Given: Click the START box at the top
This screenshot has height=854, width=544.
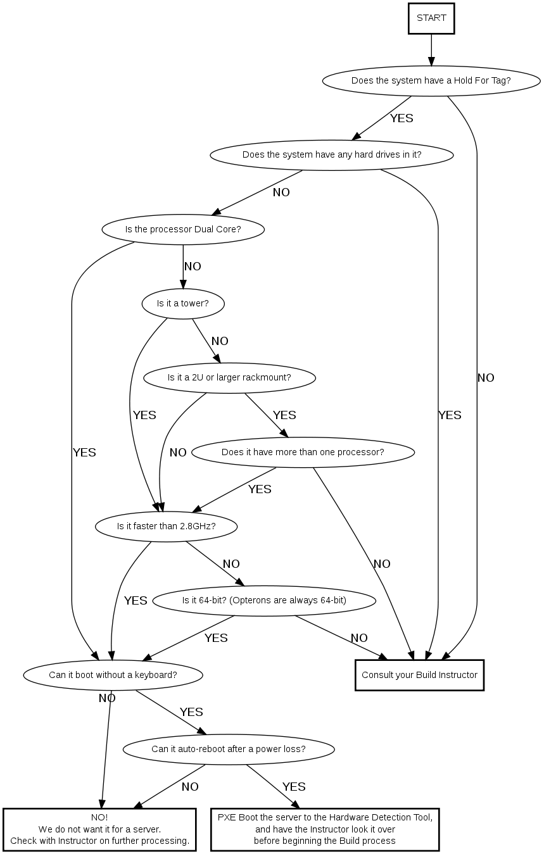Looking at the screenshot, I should pos(431,18).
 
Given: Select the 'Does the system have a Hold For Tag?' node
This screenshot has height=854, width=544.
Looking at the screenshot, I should pos(431,81).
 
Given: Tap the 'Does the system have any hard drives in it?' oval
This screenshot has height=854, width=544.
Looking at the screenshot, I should pos(332,155).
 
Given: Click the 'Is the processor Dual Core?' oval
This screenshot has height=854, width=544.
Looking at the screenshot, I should pos(183,229).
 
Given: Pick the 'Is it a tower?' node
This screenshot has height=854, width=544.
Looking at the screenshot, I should pos(183,303).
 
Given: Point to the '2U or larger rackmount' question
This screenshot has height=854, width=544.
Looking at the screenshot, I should pos(229,378).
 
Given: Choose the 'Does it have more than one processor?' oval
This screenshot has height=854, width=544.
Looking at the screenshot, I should pos(303,452).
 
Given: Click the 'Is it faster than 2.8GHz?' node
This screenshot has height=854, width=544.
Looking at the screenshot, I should pos(167,526).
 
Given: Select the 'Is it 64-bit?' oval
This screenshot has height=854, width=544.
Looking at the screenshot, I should pos(264,600).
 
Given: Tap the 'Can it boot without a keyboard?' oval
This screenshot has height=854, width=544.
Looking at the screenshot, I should pos(113,675).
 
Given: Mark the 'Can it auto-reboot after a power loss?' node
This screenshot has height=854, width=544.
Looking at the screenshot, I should pos(229,750).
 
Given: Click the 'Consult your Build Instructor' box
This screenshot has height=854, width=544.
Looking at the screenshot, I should pos(419,675).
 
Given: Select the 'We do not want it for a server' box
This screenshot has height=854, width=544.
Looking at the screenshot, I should pos(99,829).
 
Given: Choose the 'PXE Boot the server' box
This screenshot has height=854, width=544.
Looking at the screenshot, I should pos(325,829).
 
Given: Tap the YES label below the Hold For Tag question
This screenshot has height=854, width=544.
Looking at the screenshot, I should pos(402,118).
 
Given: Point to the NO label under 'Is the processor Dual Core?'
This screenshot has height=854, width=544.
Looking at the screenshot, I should pos(193,267).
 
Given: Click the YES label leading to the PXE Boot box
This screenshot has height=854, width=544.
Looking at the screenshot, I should pos(294,787).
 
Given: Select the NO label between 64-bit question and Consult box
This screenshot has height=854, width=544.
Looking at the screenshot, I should pos(359,638).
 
